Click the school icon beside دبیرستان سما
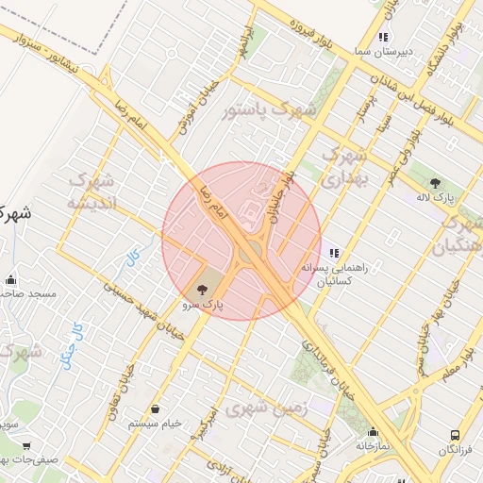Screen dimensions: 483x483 click(x=382, y=38)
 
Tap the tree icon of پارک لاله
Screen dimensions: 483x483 click(x=434, y=185)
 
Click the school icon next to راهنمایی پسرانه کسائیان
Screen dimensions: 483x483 click(x=334, y=253)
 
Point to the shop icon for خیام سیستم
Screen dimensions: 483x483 click(x=155, y=409)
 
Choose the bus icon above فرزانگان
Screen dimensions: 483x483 click(x=456, y=436)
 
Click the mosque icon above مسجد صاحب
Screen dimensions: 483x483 click(x=10, y=279)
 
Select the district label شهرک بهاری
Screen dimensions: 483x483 click(x=343, y=163)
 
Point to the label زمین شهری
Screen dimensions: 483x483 click(x=267, y=407)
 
